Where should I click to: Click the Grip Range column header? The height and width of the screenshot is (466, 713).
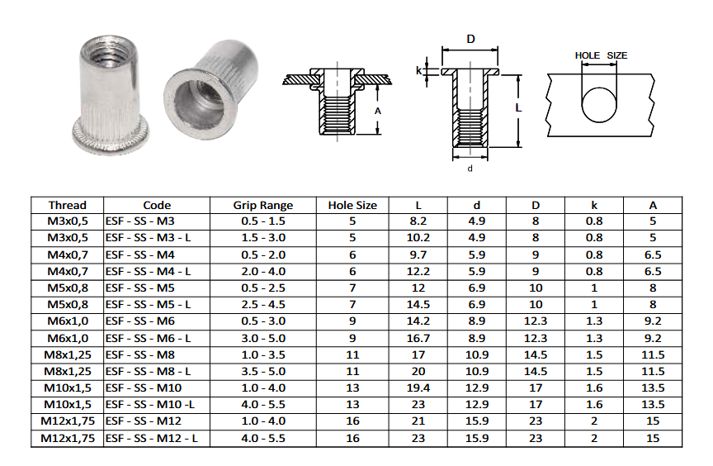262,205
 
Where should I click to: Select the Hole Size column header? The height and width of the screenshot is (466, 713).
352,205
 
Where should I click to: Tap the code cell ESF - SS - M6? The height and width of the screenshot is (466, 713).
140,321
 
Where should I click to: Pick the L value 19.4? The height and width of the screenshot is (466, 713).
418,388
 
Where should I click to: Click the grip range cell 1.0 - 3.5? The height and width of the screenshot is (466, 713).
263,355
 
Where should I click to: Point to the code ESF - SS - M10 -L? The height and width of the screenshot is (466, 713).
150,405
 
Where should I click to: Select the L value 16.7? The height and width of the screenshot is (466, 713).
418,339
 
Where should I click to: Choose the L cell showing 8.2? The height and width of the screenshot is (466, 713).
418,221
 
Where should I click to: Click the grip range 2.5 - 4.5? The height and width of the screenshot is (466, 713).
263,304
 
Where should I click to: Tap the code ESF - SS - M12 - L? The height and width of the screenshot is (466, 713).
151,439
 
